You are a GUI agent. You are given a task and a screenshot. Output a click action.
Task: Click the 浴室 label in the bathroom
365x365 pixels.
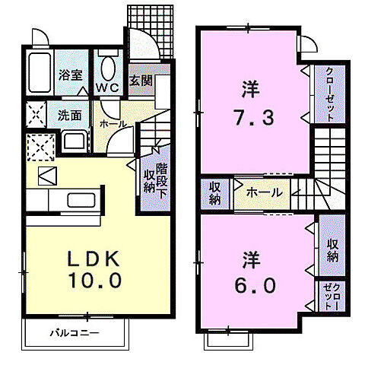pos(71,75)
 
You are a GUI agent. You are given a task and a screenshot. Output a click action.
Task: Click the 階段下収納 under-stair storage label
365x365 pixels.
pos(156,181)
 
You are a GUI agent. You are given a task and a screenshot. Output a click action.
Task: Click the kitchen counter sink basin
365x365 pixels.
pos(79,201)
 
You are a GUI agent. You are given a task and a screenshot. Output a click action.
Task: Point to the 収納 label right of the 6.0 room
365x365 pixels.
pos(332,248)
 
